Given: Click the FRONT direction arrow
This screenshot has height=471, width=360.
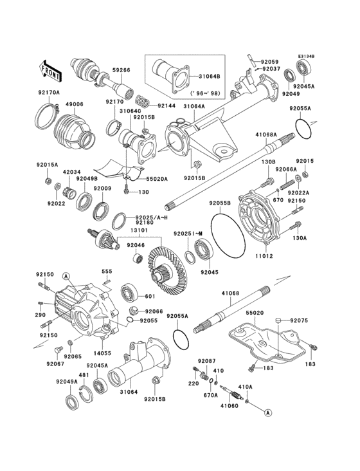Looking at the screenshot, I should tap(51, 66).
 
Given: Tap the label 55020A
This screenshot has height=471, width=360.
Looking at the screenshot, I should tap(157, 180).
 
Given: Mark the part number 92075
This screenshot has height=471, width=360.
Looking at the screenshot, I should tap(300, 320).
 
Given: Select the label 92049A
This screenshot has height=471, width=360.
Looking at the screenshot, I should tap(66, 382).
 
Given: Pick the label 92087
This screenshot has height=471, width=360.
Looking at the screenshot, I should tap(206, 362).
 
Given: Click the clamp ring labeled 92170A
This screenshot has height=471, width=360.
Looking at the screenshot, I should tap(44, 116).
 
